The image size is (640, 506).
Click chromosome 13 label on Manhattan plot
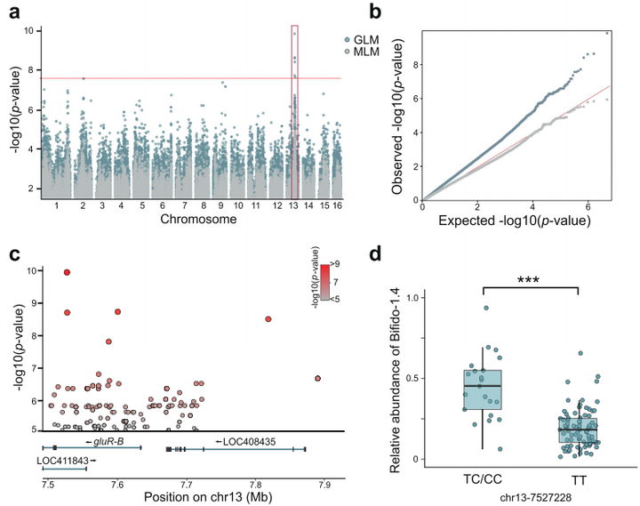(x=294, y=205)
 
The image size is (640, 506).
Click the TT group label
(x=580, y=477)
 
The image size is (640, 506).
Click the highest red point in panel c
(x=67, y=272)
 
